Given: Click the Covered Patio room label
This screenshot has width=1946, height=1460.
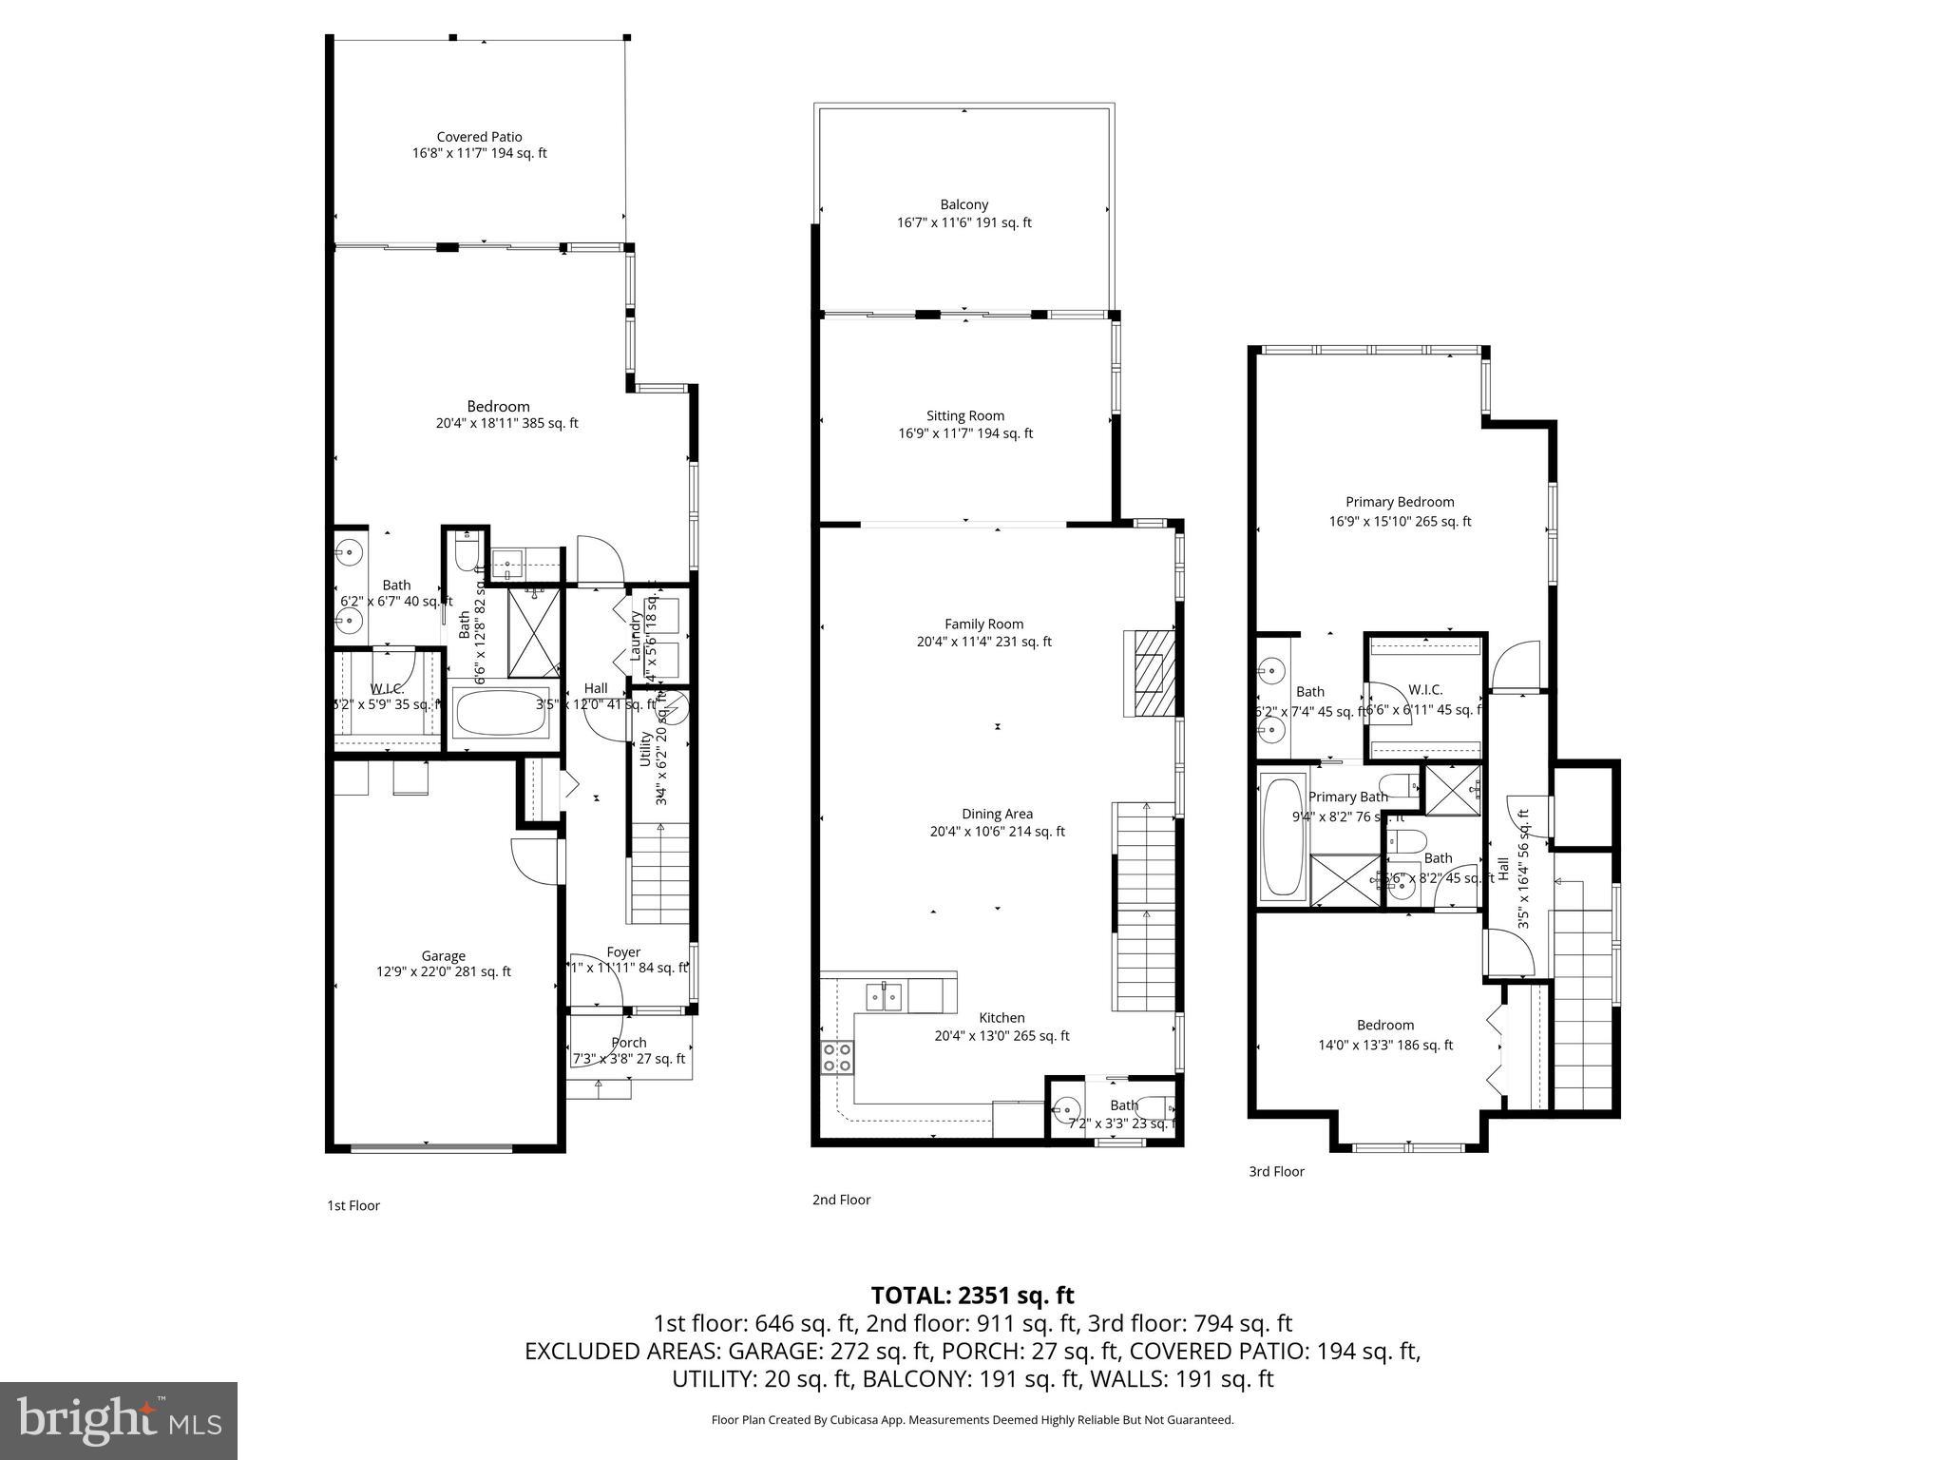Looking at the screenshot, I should pyautogui.click(x=479, y=137).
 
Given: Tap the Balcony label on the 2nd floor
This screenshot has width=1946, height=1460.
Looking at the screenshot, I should pyautogui.click(x=963, y=204).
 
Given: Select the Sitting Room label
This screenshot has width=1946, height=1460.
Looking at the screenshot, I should pyautogui.click(x=964, y=415).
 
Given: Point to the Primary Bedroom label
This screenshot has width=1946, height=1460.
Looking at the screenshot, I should pyautogui.click(x=1399, y=502).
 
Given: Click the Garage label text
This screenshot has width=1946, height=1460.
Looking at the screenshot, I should pyautogui.click(x=443, y=956).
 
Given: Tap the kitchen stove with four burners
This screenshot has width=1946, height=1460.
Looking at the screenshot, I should pyautogui.click(x=837, y=1057).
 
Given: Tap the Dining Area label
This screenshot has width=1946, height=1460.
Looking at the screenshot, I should pyautogui.click(x=997, y=814).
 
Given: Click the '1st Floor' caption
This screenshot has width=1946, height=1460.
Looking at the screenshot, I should pyautogui.click(x=353, y=1205).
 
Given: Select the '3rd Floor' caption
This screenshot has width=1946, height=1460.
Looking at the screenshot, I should pyautogui.click(x=1276, y=1171).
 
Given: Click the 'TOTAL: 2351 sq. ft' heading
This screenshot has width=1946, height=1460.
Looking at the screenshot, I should pyautogui.click(x=972, y=1295).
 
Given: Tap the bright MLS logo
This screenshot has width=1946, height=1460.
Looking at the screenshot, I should pyautogui.click(x=119, y=1420).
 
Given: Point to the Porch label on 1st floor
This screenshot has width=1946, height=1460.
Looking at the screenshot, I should pyautogui.click(x=628, y=1043).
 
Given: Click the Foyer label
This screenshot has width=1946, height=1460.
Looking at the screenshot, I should pyautogui.click(x=623, y=951).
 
